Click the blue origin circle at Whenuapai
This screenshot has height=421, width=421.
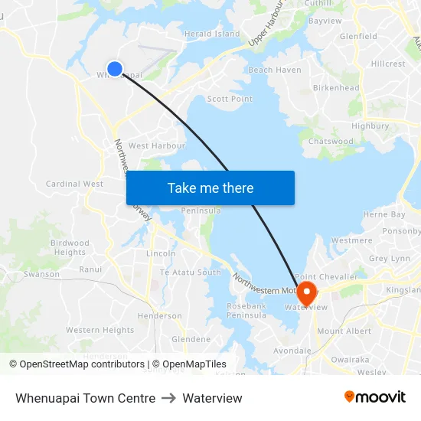(115, 69)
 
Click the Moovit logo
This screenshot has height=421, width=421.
(375, 397)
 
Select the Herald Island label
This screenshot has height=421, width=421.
(212, 34)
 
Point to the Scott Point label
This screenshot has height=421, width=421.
(230, 99)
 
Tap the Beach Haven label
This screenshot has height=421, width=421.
(275, 70)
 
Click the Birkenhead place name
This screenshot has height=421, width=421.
(336, 88)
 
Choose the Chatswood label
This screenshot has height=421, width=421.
(331, 141)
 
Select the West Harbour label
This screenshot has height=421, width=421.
(157, 145)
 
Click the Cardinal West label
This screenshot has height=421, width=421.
(74, 184)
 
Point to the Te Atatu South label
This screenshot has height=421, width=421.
(190, 273)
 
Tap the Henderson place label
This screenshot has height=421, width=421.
(160, 315)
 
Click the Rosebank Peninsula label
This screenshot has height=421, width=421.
(246, 310)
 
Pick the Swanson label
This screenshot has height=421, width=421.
(41, 274)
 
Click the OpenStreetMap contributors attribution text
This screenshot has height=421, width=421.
(80, 364)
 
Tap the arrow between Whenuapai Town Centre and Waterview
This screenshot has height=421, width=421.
(168, 398)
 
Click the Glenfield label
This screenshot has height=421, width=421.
(358, 36)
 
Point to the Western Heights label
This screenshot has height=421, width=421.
(100, 330)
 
